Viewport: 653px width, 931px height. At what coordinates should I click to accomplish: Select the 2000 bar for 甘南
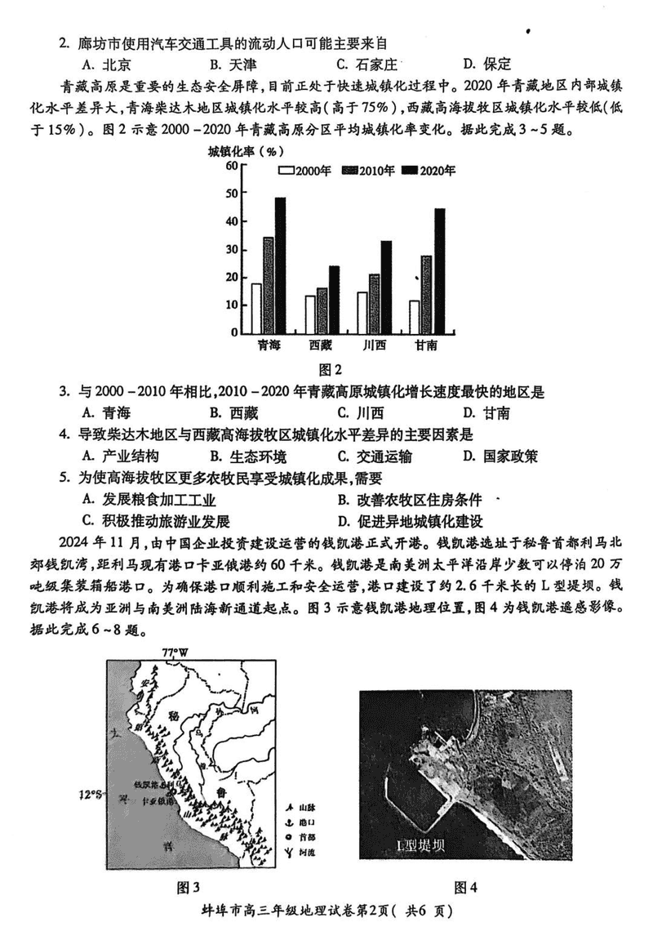pyautogui.click(x=414, y=317)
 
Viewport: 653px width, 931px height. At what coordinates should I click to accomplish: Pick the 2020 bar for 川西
pyautogui.click(x=386, y=287)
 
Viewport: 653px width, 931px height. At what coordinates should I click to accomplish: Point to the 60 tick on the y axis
pyautogui.click(x=231, y=166)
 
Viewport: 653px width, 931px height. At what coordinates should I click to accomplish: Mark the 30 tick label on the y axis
pyautogui.click(x=231, y=249)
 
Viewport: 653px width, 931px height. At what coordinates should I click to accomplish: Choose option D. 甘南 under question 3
pyautogui.click(x=485, y=412)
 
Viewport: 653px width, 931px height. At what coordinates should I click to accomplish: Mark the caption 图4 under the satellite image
pyautogui.click(x=464, y=888)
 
